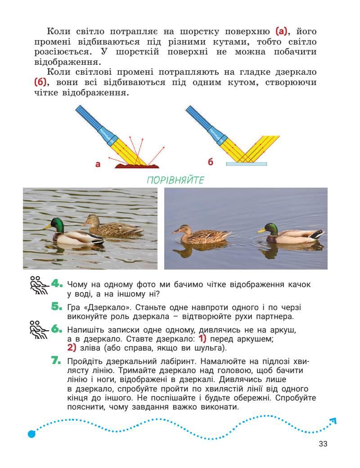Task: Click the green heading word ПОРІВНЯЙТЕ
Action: [x=175, y=180]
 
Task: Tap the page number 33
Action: [x=323, y=444]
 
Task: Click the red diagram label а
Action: [x=98, y=164]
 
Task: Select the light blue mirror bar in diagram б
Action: [x=246, y=164]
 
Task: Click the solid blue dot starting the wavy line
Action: [x=31, y=434]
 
